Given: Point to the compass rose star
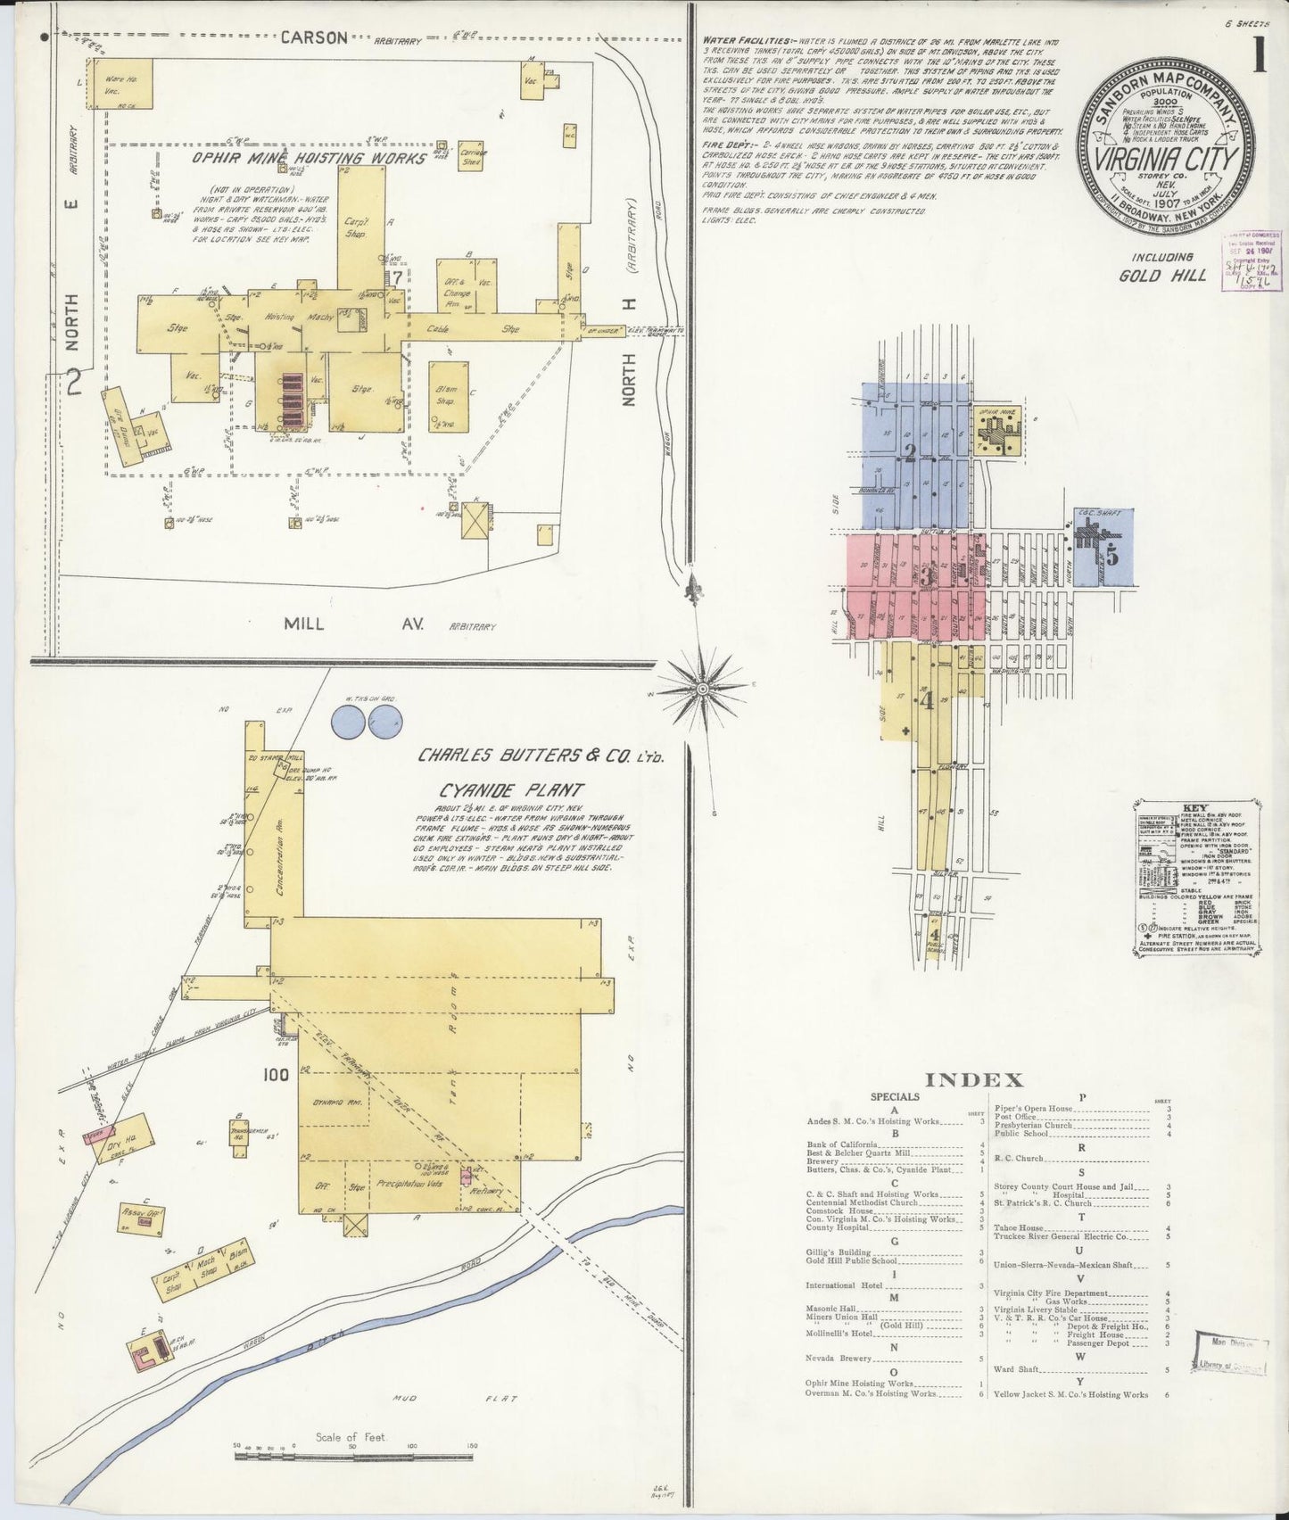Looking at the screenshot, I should click(x=703, y=689).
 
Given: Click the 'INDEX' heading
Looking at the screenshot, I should click(x=974, y=1080).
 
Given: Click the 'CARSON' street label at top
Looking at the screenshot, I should click(x=313, y=37).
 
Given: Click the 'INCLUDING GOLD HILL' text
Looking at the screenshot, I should click(x=1163, y=267).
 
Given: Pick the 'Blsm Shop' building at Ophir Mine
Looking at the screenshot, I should click(x=447, y=395).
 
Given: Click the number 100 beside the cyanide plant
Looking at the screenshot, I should click(x=276, y=1075).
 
